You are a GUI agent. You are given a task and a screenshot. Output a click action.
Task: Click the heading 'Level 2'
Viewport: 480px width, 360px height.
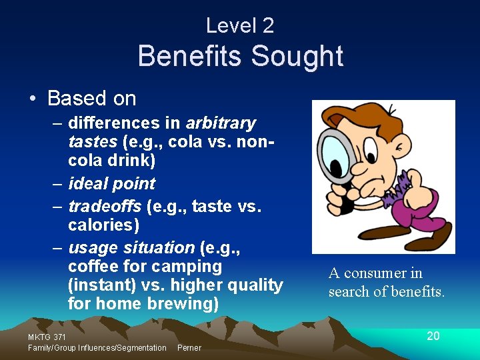240,26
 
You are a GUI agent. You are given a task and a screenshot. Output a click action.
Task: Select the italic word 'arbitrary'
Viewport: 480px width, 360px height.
221,123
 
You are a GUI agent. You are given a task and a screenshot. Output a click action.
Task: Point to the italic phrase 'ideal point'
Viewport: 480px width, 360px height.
111,184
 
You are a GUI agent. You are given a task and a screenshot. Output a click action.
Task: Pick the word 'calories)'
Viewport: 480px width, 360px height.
103,226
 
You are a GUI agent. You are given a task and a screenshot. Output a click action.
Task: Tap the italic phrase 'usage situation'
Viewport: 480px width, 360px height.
131,248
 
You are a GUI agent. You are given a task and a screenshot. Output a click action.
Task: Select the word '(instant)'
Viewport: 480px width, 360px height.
101,285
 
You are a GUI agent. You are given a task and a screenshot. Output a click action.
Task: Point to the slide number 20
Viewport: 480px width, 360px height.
433,336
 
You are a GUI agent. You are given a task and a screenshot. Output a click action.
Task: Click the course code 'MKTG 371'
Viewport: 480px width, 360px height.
47,338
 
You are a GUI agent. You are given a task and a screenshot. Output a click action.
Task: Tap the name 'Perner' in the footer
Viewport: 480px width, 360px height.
189,348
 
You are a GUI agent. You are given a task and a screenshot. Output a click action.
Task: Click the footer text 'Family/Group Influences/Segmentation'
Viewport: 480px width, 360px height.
97,348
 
